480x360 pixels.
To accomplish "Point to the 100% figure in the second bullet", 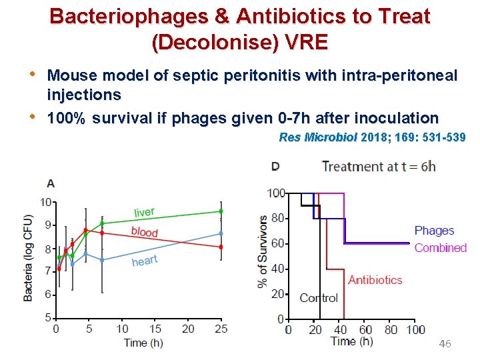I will (x=68, y=119).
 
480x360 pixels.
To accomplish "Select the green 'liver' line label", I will (x=144, y=212).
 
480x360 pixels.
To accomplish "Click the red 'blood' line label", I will (x=145, y=231).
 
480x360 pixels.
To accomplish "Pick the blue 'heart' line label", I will (x=145, y=261).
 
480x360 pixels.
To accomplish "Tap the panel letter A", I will (x=51, y=183).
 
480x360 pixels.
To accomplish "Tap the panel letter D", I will (x=275, y=167).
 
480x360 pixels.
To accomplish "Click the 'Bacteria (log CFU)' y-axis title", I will (x=29, y=258).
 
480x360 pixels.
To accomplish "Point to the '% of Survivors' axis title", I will (x=263, y=251).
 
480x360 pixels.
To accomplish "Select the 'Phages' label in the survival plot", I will (x=434, y=231).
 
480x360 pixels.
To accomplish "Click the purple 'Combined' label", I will (x=440, y=248).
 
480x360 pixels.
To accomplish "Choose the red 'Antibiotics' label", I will (x=375, y=280).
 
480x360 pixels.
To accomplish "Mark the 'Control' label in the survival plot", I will (x=319, y=298).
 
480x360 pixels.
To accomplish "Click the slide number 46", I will (x=445, y=344).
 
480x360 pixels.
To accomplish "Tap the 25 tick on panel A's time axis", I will (x=221, y=329).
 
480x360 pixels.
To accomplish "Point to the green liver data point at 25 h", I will (x=221, y=211).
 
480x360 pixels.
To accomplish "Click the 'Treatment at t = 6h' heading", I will (x=379, y=167).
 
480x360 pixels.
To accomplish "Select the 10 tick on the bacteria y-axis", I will (x=45, y=202).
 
